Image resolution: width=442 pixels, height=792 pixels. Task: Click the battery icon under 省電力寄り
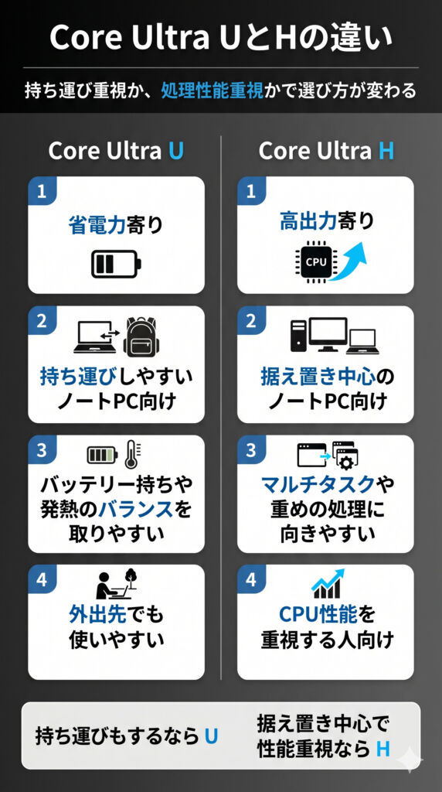point(116,264)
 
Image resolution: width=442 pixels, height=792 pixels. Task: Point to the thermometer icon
point(133,453)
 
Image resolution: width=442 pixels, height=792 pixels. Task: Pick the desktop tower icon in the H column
point(298,336)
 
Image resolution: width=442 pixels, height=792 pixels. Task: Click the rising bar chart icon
point(328,584)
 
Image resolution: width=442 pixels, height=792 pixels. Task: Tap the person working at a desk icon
point(117,585)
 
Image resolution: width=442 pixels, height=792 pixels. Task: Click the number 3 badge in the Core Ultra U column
point(42,449)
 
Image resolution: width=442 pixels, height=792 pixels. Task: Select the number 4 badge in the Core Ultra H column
point(251,579)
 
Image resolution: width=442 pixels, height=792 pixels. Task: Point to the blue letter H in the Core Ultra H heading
point(386,151)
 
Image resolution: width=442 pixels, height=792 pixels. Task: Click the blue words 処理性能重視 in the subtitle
point(212,91)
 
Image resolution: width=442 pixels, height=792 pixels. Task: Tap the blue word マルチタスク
point(318,485)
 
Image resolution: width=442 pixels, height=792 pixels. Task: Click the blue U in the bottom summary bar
point(212,737)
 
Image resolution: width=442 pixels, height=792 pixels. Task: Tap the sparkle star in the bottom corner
point(410,760)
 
